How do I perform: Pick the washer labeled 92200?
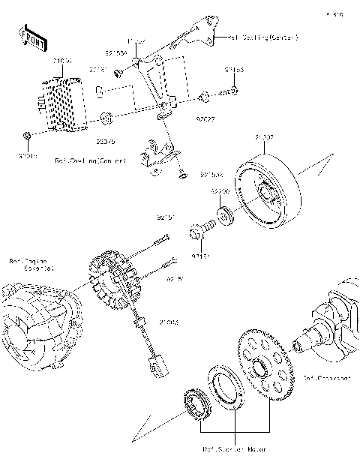[223, 218]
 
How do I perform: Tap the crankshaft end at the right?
[330, 322]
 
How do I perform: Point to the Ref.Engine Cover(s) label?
[31, 265]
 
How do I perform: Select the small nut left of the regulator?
[26, 135]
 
